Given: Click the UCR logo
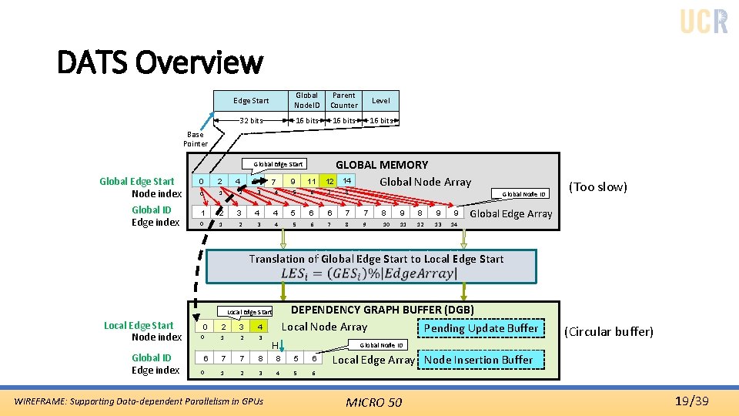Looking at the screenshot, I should [x=704, y=22].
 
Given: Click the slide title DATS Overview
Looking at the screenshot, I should [x=160, y=62].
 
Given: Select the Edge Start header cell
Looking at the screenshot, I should [x=251, y=100].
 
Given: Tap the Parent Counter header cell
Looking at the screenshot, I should [x=343, y=100].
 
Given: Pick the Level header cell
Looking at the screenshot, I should [x=381, y=100].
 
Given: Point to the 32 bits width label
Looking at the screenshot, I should [x=251, y=120].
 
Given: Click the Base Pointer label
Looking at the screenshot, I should [x=195, y=139].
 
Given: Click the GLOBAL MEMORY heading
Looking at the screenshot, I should [x=381, y=164].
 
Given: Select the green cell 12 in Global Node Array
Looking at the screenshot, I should [x=329, y=181].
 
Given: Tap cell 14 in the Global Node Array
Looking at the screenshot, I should [x=347, y=181].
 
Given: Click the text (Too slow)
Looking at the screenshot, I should [x=597, y=186].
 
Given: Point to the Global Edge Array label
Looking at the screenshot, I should [x=510, y=213].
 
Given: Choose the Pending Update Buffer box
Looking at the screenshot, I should [x=481, y=328].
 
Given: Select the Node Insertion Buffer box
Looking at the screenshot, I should [x=478, y=360].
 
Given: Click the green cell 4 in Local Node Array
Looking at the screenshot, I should [x=262, y=327].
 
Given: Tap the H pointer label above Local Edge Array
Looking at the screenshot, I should [x=275, y=345].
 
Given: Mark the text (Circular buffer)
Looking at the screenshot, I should [x=608, y=332].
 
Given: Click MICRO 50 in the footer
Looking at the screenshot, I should [x=373, y=402].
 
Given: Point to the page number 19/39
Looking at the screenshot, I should [x=691, y=401].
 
